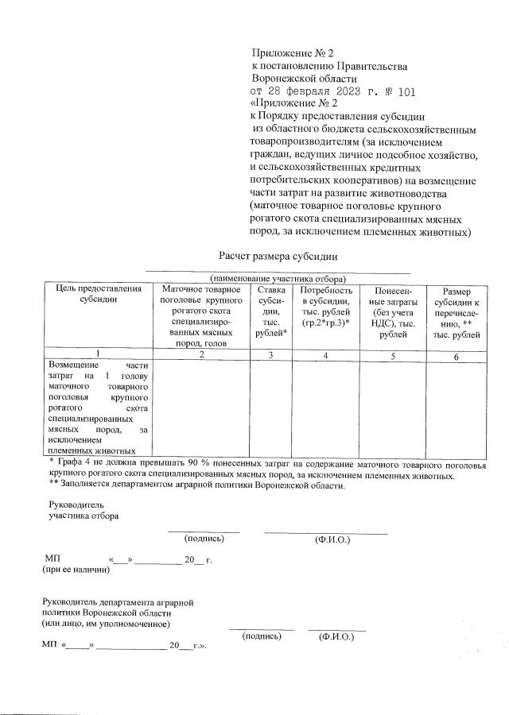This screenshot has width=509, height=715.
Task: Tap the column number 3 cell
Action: [x=270, y=355]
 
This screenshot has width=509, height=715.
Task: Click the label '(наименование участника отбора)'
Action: [x=278, y=279]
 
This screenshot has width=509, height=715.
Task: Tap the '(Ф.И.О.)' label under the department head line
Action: [x=337, y=637]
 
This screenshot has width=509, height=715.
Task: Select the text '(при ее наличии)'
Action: [x=76, y=569]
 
